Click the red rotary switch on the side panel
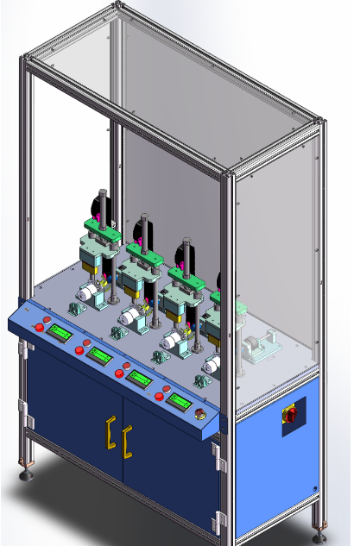pos(290,415)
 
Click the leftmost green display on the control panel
pos(60,333)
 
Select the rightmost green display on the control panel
pos(180,400)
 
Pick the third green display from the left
pos(139,378)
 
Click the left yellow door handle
pos(110,433)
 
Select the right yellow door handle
pos(128,443)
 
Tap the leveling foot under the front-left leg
pos(26,473)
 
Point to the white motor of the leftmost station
pos(90,293)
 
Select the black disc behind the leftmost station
pos(92,207)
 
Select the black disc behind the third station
pos(182,254)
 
